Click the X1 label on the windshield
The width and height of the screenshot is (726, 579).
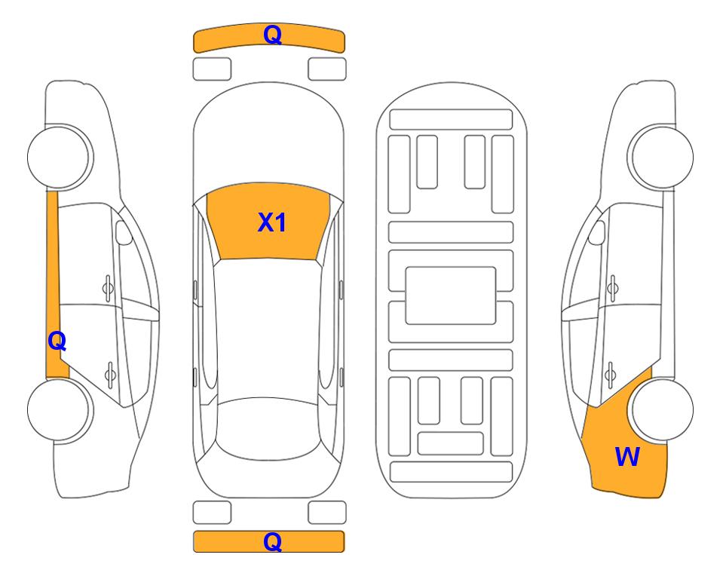(272, 222)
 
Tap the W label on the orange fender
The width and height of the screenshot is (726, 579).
(627, 457)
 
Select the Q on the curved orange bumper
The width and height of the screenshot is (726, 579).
(272, 35)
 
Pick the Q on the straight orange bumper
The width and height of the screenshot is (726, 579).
(272, 541)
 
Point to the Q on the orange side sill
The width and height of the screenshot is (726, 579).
(57, 342)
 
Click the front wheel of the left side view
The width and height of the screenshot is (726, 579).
(60, 158)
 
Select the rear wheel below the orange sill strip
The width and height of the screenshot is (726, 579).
(60, 410)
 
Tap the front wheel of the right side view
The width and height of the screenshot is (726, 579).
(660, 158)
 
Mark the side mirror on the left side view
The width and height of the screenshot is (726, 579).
(124, 232)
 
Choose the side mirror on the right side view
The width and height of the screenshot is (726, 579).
(596, 232)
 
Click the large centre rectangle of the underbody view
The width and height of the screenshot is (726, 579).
(451, 296)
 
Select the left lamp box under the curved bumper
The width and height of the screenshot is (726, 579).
(212, 69)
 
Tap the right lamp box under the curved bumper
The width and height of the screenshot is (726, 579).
(327, 69)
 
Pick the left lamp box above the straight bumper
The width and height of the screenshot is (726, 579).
(212, 513)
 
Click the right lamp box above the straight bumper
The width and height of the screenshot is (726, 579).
(327, 513)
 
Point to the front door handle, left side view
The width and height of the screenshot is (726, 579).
(108, 288)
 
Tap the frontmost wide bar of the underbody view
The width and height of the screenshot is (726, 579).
(451, 120)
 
